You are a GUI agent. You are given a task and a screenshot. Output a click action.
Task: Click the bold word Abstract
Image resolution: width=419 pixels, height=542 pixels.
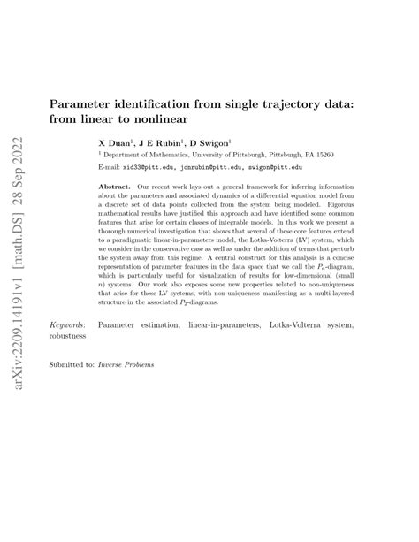117,188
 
